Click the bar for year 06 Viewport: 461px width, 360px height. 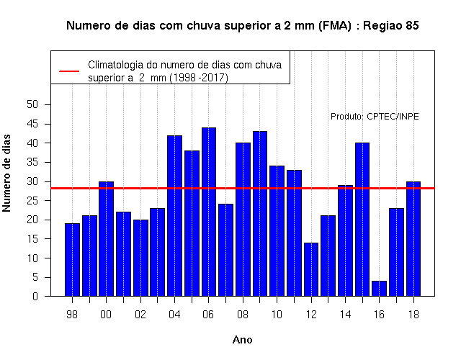(x=209, y=212)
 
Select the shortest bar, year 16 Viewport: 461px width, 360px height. (x=380, y=289)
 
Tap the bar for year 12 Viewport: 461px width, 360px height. (x=311, y=269)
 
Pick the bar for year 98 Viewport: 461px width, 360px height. (x=72, y=260)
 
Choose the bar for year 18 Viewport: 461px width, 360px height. (x=413, y=239)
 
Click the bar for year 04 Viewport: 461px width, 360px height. (x=174, y=216)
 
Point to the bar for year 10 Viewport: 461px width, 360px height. (x=277, y=231)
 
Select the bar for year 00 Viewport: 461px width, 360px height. (x=106, y=239)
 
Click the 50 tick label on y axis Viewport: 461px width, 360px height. (x=32, y=104)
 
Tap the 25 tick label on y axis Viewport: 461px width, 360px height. (x=32, y=201)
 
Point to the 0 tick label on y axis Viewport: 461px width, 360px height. (x=35, y=296)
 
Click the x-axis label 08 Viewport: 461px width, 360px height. (x=243, y=315)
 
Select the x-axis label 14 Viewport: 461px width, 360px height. (x=345, y=315)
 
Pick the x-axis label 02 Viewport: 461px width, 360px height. (x=140, y=315)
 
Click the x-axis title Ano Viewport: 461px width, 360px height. (x=243, y=340)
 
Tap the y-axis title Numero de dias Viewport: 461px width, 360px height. (x=6, y=173)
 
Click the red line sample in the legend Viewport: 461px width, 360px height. (x=69, y=71)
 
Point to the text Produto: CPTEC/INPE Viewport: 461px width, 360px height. (x=375, y=117)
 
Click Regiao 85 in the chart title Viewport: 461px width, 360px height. (x=391, y=26)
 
